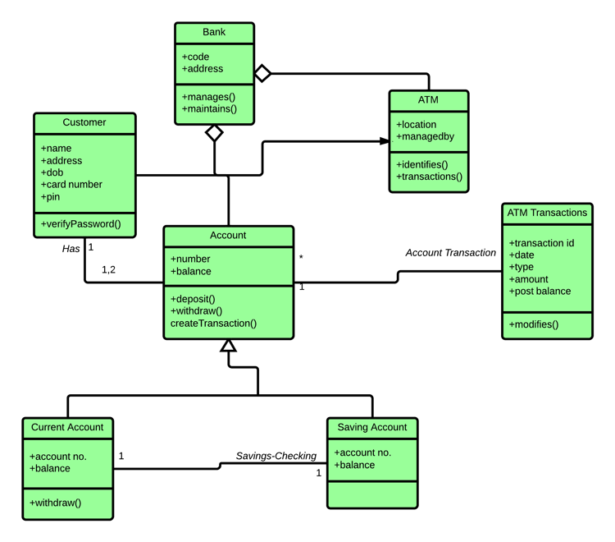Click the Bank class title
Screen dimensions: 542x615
tap(214, 33)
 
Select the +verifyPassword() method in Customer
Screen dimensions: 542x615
tap(80, 223)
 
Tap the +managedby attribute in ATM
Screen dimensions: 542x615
tap(425, 136)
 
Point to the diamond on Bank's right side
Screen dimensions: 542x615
tap(262, 74)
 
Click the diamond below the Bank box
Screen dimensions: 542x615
tap(214, 132)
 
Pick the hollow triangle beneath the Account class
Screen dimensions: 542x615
tap(228, 346)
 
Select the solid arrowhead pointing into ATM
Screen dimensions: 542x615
tap(384, 141)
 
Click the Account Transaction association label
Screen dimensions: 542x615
tap(450, 253)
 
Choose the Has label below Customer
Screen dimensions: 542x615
tap(71, 247)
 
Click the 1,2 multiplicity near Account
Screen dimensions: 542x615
tap(108, 269)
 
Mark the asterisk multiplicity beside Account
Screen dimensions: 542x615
tap(301, 258)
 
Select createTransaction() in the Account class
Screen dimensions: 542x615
tap(213, 323)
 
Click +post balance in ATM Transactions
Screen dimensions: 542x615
tap(540, 291)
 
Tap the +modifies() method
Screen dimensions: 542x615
tap(533, 324)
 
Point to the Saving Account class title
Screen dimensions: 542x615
tap(371, 428)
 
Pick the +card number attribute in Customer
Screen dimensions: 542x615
tap(71, 185)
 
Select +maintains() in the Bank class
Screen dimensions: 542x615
tap(209, 108)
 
